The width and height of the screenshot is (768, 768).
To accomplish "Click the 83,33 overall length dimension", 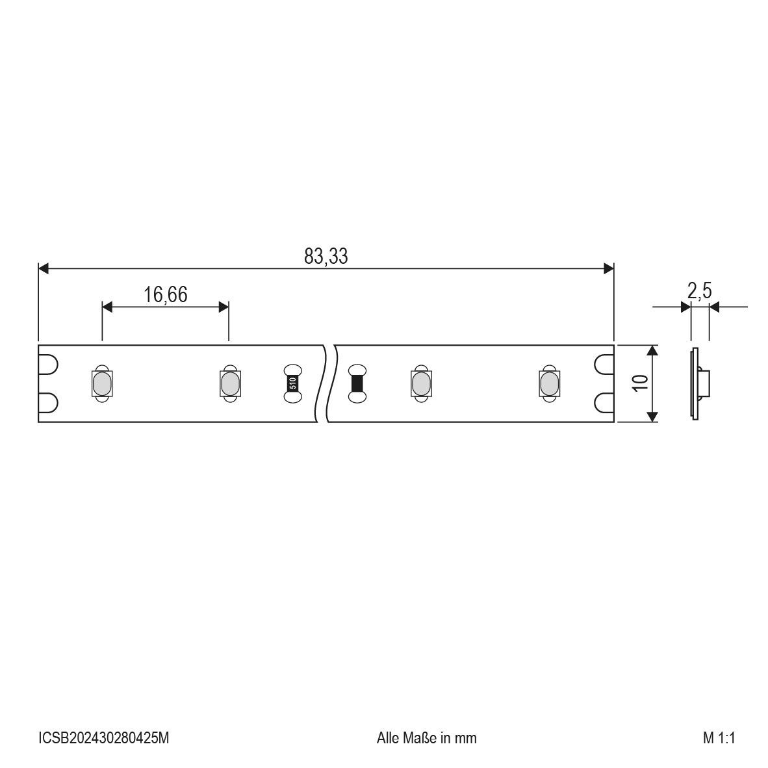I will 326,256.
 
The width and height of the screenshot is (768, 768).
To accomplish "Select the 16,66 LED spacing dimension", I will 166,295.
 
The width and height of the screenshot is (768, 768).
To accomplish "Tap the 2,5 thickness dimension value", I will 698,292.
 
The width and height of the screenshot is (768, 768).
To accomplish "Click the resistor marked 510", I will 292,383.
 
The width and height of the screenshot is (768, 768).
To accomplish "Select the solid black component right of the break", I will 357,383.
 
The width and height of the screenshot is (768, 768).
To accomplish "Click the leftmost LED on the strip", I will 101,383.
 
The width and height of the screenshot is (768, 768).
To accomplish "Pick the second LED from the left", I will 228,383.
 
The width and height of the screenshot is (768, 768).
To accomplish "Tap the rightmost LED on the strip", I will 549,383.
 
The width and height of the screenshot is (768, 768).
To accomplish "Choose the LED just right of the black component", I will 421,383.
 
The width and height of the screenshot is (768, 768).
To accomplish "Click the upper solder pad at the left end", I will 49,365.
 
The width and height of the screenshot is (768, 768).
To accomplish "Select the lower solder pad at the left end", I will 49,403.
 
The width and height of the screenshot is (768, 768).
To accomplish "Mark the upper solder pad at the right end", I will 604,365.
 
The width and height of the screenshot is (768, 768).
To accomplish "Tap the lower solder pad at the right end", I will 604,403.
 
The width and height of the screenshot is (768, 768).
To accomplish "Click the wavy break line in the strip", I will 328,383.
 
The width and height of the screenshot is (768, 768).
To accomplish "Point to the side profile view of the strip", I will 698,383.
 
